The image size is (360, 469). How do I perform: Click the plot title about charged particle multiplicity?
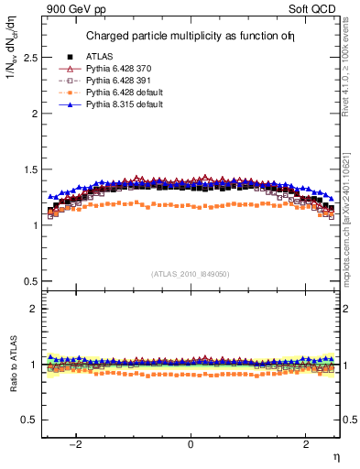(202, 37)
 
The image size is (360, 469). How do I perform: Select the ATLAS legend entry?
(103, 57)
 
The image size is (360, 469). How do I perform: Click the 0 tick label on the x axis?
(191, 444)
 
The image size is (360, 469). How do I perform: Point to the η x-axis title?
(335, 455)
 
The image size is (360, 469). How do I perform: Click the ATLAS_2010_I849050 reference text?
(191, 273)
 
